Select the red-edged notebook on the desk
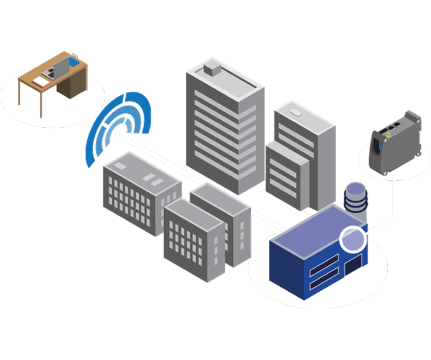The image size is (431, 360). pyautogui.click(x=41, y=81)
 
